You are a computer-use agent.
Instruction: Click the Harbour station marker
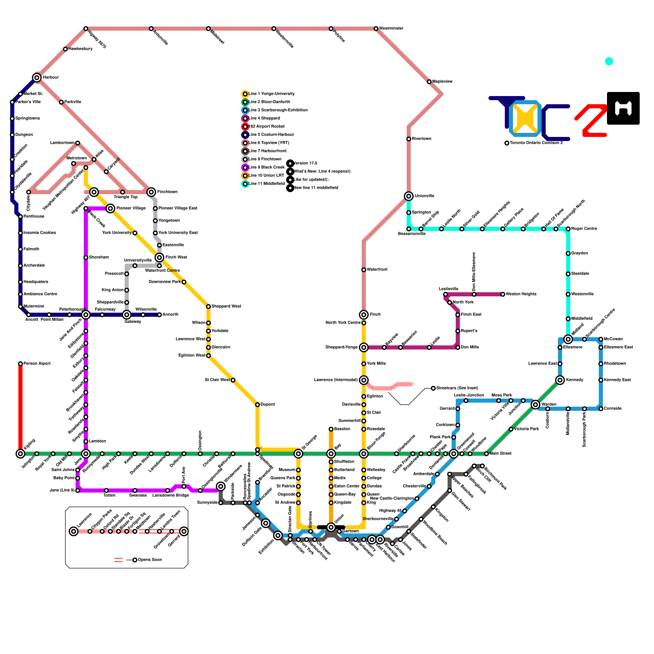click(37, 78)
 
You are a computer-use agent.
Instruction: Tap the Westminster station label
click(391, 29)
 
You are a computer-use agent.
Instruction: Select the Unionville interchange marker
click(409, 196)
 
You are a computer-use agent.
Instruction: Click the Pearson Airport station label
click(37, 364)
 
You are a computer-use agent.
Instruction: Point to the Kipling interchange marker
click(20, 454)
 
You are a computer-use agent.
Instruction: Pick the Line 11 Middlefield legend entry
click(267, 184)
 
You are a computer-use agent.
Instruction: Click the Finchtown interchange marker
click(151, 192)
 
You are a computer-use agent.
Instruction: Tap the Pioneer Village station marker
click(110, 208)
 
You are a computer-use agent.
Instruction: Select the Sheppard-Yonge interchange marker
click(364, 347)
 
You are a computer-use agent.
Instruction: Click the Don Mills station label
click(470, 347)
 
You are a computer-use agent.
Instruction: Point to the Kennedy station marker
click(560, 380)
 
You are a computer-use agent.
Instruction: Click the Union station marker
click(331, 527)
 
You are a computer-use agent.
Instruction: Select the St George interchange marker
click(298, 454)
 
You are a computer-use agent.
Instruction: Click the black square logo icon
click(623, 108)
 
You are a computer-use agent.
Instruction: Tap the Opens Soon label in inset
click(150, 560)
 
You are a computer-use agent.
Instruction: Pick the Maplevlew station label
click(442, 82)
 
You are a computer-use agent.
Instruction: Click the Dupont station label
click(268, 405)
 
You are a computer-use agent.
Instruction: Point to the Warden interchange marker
click(535, 405)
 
